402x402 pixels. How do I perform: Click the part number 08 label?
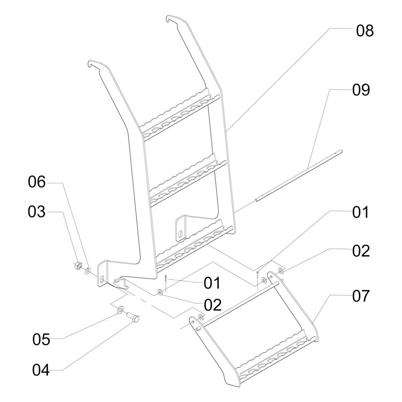pos(365,31)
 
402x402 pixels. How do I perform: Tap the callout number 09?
pos(361,90)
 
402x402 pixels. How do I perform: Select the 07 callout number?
pos(361,297)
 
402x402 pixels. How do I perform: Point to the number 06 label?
pos(37,183)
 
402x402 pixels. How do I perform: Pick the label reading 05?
pos(41,340)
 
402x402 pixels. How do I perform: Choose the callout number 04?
pos(41,370)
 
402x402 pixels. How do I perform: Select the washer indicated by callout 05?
pos(120,310)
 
